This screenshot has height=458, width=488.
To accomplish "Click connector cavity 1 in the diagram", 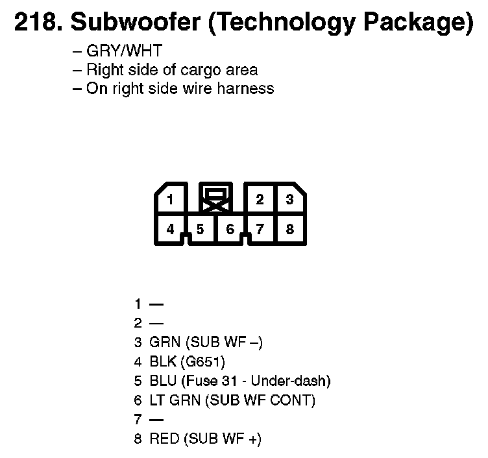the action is point(170,199).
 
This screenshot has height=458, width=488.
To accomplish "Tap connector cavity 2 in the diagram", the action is point(260,199).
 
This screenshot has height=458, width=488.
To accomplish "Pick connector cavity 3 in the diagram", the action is point(289,199).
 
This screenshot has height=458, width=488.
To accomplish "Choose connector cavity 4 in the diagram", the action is point(170,229).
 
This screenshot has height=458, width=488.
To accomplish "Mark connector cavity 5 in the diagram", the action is point(200,229).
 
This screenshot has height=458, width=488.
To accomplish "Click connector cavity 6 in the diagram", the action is point(230,229).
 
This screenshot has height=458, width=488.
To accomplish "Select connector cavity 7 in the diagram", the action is point(260,229).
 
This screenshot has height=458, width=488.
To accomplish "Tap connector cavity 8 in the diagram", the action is point(289,229).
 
